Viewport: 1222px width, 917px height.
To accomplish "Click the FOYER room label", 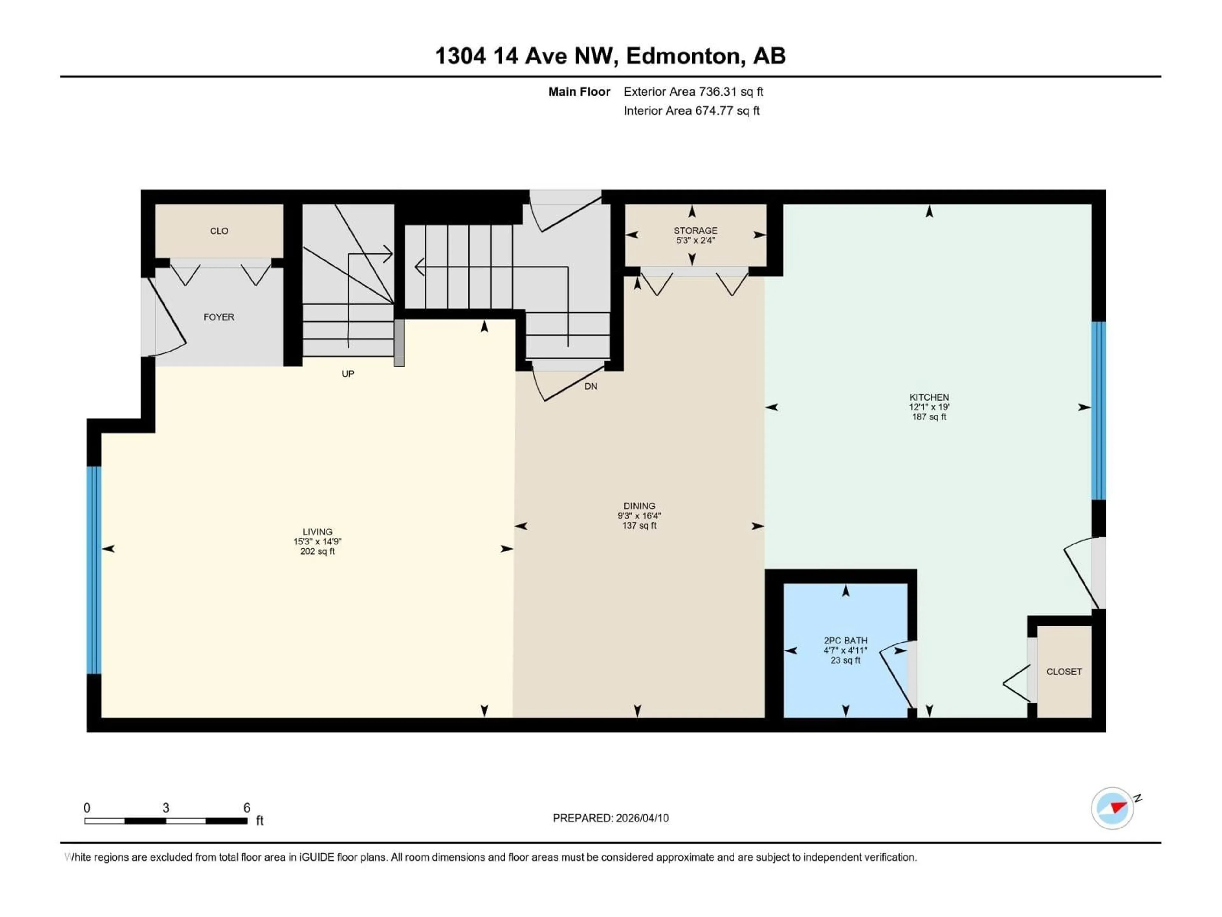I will tap(219, 317).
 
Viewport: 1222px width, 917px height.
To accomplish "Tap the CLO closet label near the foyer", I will tap(219, 231).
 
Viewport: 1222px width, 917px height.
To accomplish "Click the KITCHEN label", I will tap(929, 397).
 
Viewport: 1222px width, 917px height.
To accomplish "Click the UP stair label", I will tap(348, 374).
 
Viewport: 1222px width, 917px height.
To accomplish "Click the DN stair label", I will tap(591, 386).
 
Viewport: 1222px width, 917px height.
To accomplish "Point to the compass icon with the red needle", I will tap(1112, 808).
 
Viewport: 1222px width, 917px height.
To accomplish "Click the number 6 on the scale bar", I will tap(247, 807).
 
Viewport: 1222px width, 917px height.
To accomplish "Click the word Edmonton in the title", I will tap(683, 56).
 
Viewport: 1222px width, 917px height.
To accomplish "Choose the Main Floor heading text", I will tap(579, 92).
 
